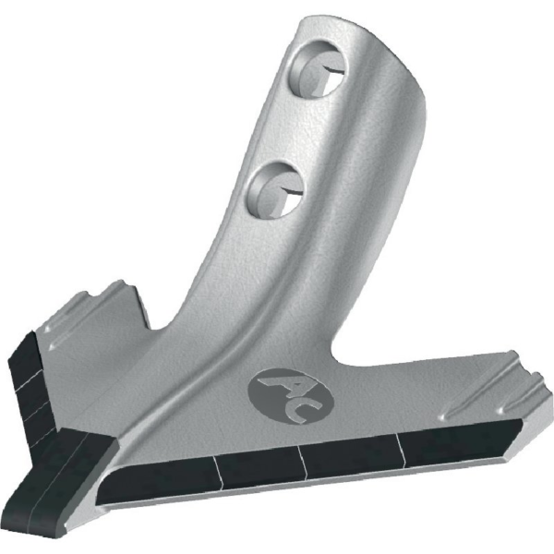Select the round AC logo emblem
(x=291, y=396)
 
